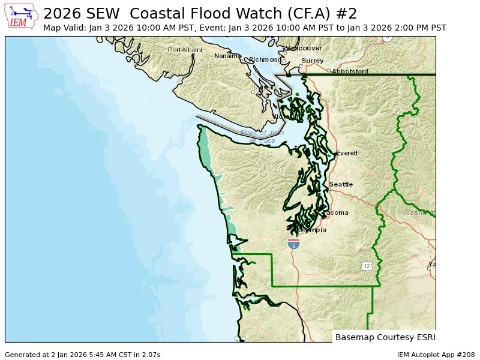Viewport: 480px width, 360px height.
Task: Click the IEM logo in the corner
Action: tap(22, 16)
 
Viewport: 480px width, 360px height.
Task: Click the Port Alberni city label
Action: tap(185, 50)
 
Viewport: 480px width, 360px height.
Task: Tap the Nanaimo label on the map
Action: tap(227, 56)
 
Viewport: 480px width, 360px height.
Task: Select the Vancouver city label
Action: tap(304, 48)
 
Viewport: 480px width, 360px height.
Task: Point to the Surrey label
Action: tap(313, 61)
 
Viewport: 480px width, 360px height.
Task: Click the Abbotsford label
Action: tap(350, 71)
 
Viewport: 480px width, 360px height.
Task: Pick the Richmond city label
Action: tap(265, 59)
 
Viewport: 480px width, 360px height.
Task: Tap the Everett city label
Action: tap(347, 153)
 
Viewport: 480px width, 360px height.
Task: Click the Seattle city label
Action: tap(341, 184)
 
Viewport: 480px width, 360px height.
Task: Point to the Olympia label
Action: tap(313, 230)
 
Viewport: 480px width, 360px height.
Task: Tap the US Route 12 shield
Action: tap(367, 265)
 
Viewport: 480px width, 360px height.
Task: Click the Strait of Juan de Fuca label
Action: tap(262, 137)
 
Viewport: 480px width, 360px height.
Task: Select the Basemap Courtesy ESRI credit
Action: tap(385, 337)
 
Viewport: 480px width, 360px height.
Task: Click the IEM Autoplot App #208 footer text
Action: tap(436, 355)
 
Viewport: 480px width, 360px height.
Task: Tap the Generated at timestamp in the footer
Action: tap(82, 355)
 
